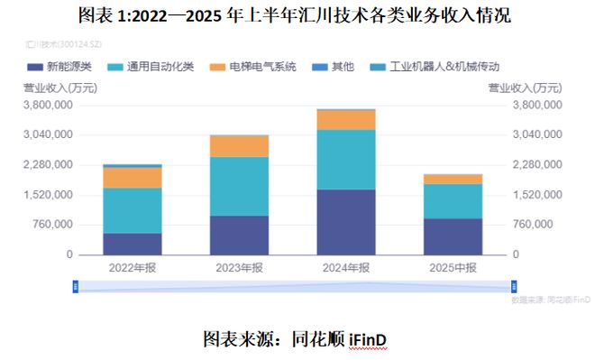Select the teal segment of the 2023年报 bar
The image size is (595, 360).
click(239, 186)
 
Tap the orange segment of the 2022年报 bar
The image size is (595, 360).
click(133, 177)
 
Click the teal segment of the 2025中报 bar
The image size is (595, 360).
click(453, 200)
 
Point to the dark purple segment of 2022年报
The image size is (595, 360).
click(133, 244)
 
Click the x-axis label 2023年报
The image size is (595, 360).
click(239, 267)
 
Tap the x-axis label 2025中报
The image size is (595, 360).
click(453, 267)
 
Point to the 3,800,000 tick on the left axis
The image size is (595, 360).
click(48, 105)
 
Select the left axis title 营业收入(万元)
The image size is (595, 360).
click(59, 88)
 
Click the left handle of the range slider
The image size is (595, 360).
click(77, 286)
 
